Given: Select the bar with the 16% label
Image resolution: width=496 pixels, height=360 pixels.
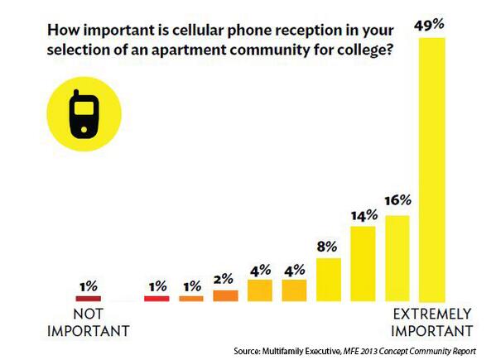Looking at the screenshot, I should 397,258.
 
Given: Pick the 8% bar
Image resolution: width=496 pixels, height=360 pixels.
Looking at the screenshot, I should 329,280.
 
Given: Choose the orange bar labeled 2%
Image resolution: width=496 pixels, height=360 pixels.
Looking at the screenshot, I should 225,295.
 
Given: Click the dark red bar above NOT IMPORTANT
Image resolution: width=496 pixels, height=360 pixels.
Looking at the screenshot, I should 88,297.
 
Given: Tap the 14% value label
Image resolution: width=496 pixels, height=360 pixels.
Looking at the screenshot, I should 364,215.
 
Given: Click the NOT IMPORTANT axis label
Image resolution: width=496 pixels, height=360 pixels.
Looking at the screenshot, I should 89,323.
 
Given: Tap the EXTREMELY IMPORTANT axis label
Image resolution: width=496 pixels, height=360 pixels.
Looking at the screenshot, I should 431,323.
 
